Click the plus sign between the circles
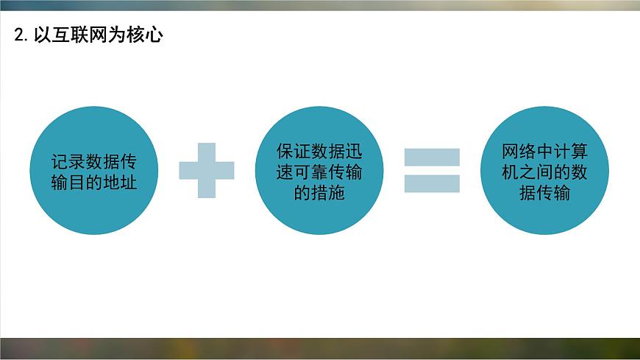(207, 170)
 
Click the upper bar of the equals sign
(432, 157)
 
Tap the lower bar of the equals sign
(432, 183)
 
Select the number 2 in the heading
(20, 35)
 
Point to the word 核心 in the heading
(145, 35)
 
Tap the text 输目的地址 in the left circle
(94, 182)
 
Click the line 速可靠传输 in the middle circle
(319, 172)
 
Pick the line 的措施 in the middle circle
(319, 193)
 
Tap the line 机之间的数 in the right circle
(544, 172)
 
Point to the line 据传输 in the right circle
(544, 193)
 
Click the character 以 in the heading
(41, 35)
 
